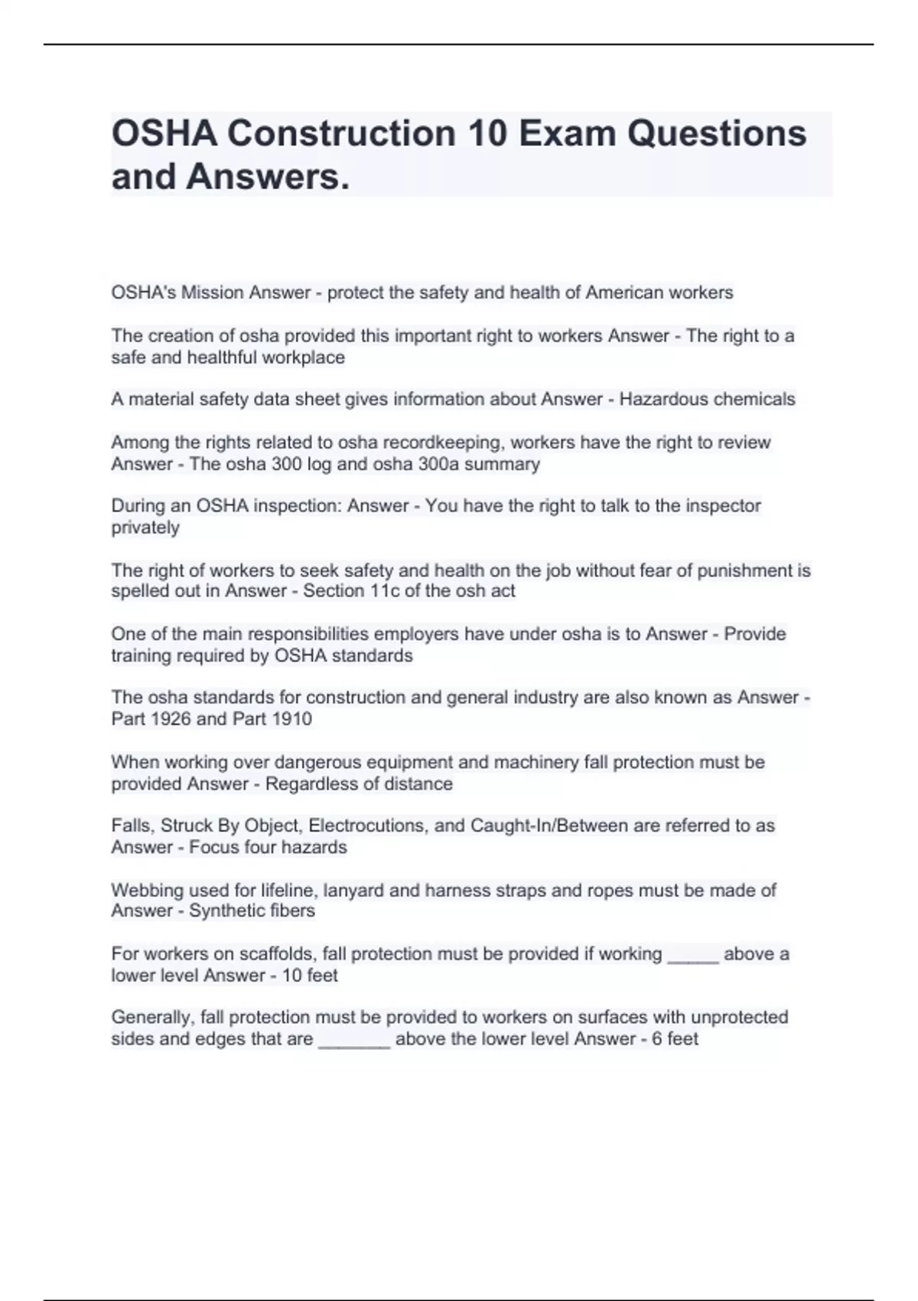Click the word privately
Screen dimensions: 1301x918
(x=145, y=527)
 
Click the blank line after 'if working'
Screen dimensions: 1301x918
(x=693, y=955)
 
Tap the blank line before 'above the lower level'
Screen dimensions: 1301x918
(x=353, y=1040)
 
